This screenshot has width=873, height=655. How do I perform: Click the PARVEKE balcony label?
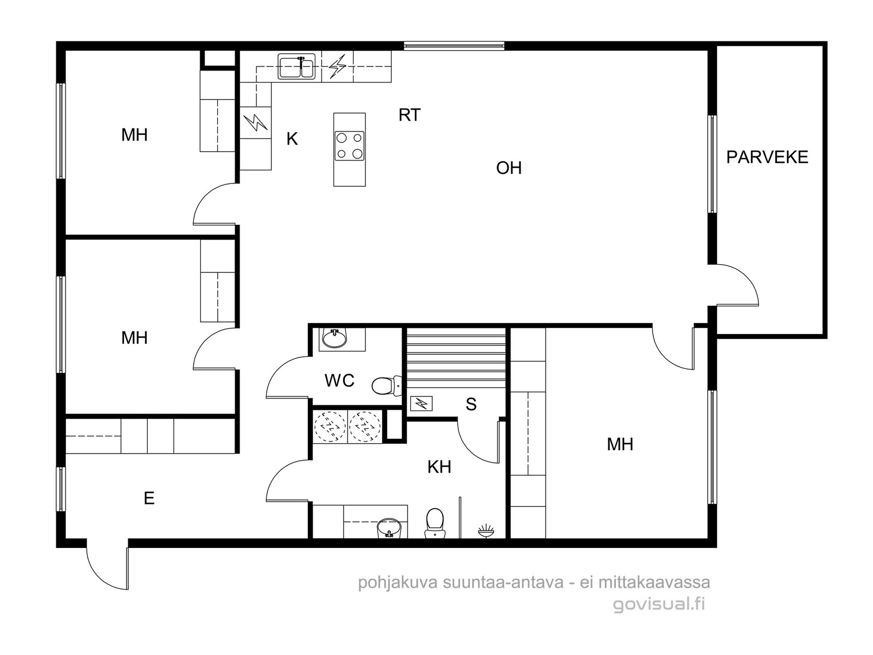tap(767, 158)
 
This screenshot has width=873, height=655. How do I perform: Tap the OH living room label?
tap(509, 168)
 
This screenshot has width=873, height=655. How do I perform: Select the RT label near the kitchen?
tap(409, 115)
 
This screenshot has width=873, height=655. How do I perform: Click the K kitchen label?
tap(292, 139)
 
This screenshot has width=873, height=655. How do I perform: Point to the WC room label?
tap(339, 381)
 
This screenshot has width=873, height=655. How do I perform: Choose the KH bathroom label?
tap(439, 467)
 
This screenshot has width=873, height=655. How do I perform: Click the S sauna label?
tap(471, 404)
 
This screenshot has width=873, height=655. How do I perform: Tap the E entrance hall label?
tap(149, 498)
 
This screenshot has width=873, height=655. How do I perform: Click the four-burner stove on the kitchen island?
tap(350, 146)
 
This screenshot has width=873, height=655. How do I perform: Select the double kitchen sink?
tap(296, 67)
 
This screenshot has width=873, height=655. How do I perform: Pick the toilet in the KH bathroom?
tap(435, 523)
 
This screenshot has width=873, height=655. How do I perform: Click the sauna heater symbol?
tap(421, 404)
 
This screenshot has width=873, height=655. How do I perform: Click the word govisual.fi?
tap(660, 604)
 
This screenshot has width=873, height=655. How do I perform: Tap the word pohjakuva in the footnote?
tap(398, 582)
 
